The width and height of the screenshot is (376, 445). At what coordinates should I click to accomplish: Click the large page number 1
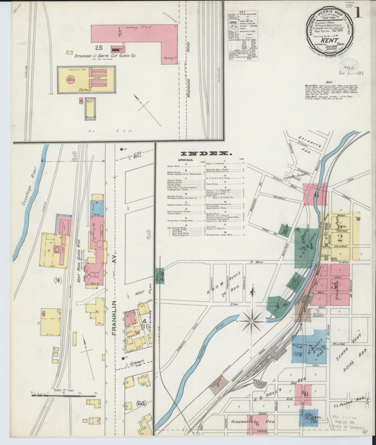pyautogui.click(x=359, y=12)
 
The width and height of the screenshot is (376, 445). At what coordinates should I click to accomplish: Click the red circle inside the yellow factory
pyautogui.click(x=70, y=80)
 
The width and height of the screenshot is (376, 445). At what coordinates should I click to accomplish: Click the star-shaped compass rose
pyautogui.click(x=252, y=322)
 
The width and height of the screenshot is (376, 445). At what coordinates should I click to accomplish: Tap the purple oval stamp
pyautogui.click(x=346, y=63)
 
